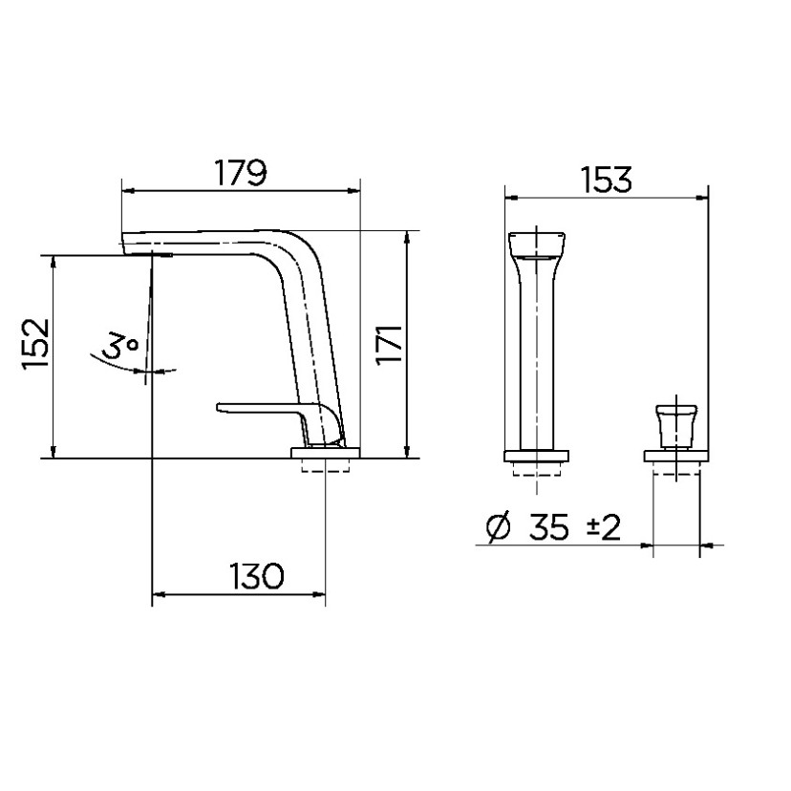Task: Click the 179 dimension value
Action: (x=240, y=173)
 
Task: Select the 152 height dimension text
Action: (x=35, y=343)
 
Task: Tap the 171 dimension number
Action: (x=389, y=344)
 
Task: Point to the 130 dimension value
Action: (x=256, y=576)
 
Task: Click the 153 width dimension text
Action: (x=606, y=180)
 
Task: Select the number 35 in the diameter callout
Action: (x=549, y=527)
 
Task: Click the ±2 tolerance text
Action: (x=604, y=527)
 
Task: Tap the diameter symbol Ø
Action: (x=498, y=527)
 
